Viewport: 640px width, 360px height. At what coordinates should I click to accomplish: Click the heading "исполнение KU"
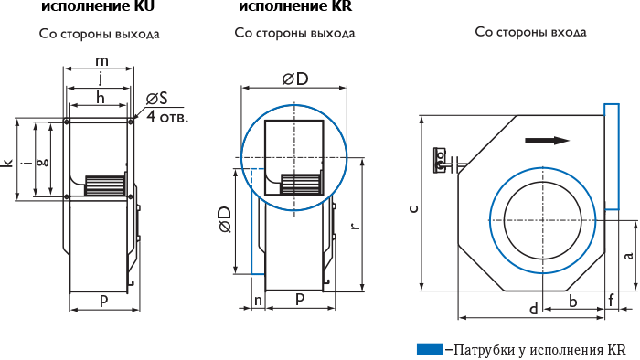click(x=98, y=6)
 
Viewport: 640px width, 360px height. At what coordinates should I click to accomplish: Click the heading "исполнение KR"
click(x=295, y=6)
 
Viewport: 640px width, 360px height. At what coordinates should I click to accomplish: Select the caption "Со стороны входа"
click(x=530, y=32)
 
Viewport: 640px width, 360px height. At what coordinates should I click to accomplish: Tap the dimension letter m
click(x=101, y=61)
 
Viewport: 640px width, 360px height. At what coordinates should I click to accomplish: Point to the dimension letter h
click(x=101, y=98)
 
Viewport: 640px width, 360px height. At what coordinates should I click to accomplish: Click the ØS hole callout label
click(x=157, y=99)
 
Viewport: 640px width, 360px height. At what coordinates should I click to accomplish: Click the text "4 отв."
click(x=167, y=117)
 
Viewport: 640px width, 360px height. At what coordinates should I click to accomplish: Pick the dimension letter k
click(x=8, y=163)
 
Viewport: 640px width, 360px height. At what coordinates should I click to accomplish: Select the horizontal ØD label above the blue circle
click(x=294, y=79)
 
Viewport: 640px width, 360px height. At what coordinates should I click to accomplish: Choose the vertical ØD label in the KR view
click(x=225, y=219)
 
